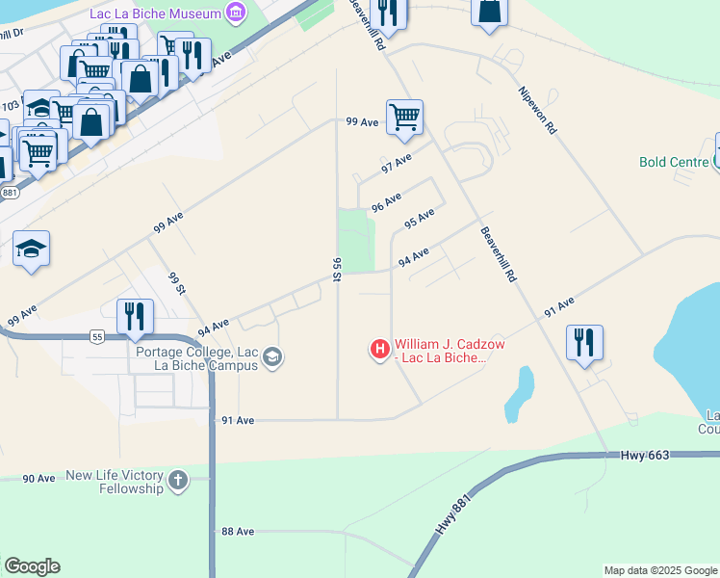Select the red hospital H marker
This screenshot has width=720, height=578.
tap(380, 349)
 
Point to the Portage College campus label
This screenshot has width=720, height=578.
tap(196, 358)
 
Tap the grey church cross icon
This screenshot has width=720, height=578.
tap(176, 481)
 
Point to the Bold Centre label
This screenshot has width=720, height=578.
tap(674, 162)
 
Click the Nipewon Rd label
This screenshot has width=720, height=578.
tap(537, 110)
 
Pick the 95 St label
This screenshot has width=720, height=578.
tap(337, 269)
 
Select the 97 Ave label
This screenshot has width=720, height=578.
tap(397, 163)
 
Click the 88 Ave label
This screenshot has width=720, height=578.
tap(237, 531)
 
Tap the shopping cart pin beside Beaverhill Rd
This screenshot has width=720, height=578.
tap(405, 118)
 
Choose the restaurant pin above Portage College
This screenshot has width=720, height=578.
tap(135, 316)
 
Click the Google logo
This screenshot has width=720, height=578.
tap(32, 566)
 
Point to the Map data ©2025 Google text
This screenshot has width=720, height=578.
tap(660, 570)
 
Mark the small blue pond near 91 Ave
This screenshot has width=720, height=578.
tap(521, 392)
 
